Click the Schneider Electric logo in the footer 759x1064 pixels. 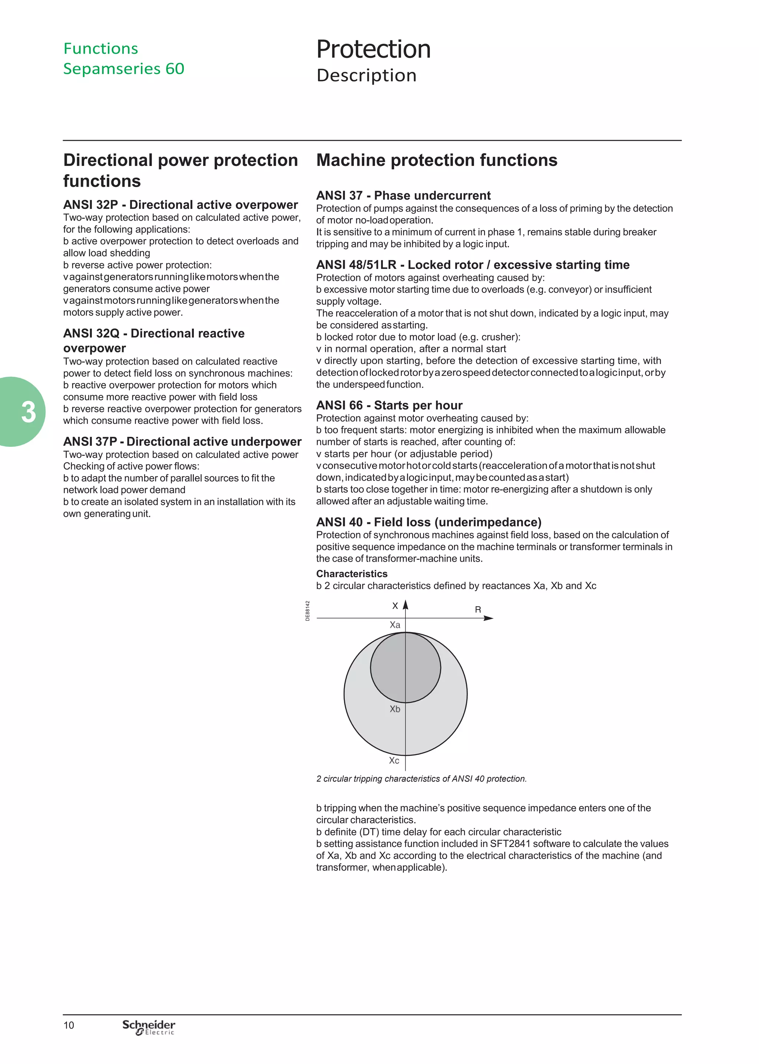[149, 1027]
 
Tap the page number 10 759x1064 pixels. [69, 1025]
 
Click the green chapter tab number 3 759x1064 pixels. [28, 412]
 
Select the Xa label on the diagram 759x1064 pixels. [395, 625]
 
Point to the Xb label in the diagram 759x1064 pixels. [395, 709]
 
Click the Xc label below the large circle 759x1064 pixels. [394, 761]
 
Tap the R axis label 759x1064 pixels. [478, 609]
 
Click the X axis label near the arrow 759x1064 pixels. [395, 606]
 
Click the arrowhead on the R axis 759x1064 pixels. [488, 618]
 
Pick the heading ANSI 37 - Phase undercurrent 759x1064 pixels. [403, 195]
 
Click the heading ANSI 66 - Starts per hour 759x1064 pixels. [389, 405]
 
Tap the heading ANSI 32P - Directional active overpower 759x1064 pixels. [180, 205]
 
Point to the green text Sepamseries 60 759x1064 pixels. [124, 69]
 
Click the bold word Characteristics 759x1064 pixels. [351, 573]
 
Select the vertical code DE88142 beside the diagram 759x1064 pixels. [308, 611]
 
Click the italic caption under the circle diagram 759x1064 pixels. [421, 779]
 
